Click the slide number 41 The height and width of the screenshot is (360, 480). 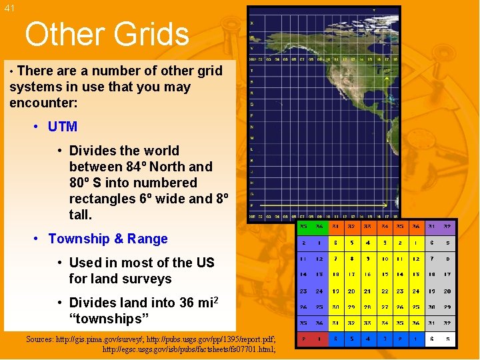pyautogui.click(x=9, y=9)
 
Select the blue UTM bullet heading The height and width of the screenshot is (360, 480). pyautogui.click(x=63, y=127)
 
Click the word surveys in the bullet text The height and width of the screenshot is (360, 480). pyautogui.click(x=147, y=279)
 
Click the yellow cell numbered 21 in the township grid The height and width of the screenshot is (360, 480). pyautogui.click(x=368, y=291)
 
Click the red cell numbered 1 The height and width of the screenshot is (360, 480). pyautogui.click(x=319, y=243)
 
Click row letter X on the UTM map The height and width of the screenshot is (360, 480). pyautogui.click(x=251, y=24)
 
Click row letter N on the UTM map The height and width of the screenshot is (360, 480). pyautogui.click(x=251, y=127)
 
